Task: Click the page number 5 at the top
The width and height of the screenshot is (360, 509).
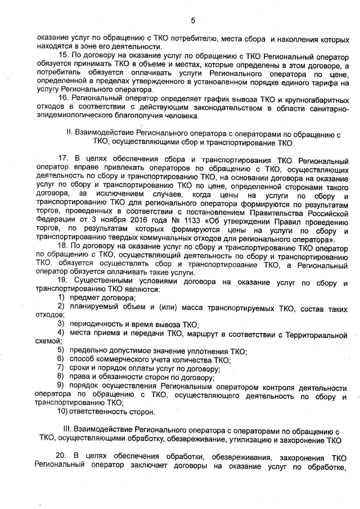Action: click(192, 21)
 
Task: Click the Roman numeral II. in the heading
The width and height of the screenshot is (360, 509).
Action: click(70, 134)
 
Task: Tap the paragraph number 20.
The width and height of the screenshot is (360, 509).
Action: click(62, 454)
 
